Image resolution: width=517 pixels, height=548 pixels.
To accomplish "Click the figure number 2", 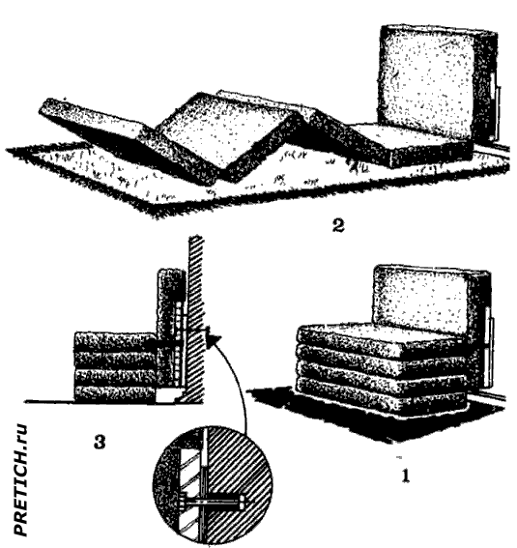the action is pos(338,225).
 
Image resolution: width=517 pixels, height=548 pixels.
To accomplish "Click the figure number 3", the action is pos(100,442).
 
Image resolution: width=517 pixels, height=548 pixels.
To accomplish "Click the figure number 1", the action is pos(405,476).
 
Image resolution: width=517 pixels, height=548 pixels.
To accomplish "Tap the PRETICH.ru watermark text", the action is pos(20,479).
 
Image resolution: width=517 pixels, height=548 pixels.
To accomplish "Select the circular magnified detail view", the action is pos(213,485).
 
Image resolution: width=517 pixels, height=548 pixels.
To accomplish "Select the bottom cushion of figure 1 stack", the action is pos(381,396).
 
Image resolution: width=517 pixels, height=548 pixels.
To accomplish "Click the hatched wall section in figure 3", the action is pos(195,319).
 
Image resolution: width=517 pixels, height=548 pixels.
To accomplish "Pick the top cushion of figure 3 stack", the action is pos(115,341).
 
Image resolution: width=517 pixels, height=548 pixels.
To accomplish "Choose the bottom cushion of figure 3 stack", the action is pos(115,393).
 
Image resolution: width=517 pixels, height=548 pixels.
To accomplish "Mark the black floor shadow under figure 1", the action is pos(377,416).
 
